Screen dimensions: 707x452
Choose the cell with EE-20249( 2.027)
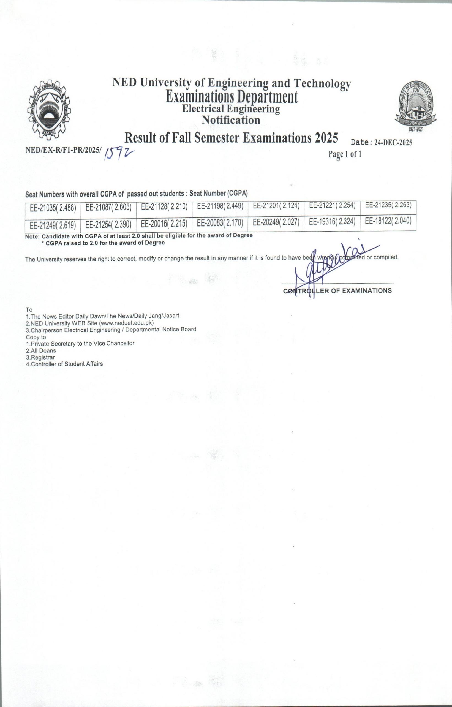tap(276, 222)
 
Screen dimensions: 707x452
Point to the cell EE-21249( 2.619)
tap(53, 225)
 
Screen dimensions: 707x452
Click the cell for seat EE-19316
tap(332, 221)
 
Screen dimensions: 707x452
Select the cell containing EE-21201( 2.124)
tap(276, 206)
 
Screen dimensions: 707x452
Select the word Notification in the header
tap(231, 120)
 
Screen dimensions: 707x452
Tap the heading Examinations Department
tap(231, 97)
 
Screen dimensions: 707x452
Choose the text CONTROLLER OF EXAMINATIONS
tap(337, 291)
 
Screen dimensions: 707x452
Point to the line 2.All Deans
tap(41, 350)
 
